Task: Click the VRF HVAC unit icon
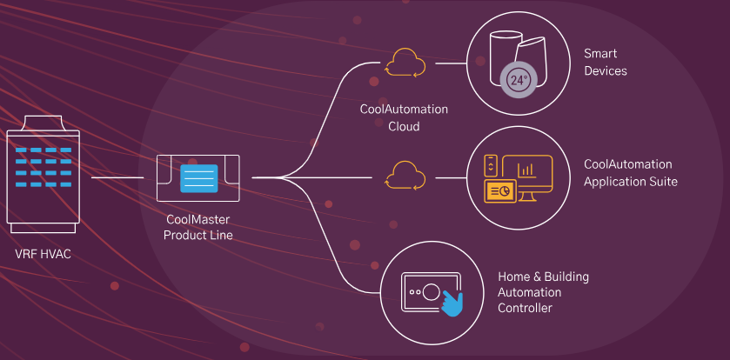44,178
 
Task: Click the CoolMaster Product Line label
199,229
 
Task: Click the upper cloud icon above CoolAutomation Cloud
405,63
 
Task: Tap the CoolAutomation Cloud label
404,117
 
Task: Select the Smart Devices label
605,63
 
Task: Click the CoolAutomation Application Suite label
631,173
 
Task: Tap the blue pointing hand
451,303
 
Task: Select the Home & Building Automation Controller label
543,292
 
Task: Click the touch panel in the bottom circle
429,292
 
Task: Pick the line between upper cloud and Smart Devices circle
451,63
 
